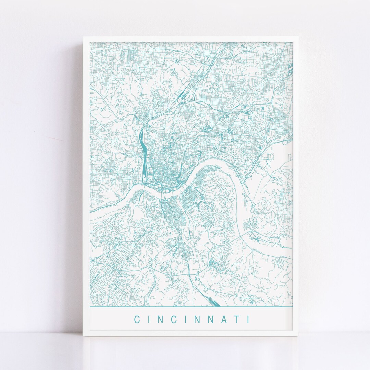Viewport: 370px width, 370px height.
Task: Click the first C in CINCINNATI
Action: click(137, 320)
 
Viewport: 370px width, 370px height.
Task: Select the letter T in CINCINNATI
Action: click(236, 320)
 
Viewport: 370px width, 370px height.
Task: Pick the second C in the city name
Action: click(174, 320)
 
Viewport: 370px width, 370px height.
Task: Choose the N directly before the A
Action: click(210, 320)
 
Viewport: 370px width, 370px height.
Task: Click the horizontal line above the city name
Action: click(192, 307)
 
